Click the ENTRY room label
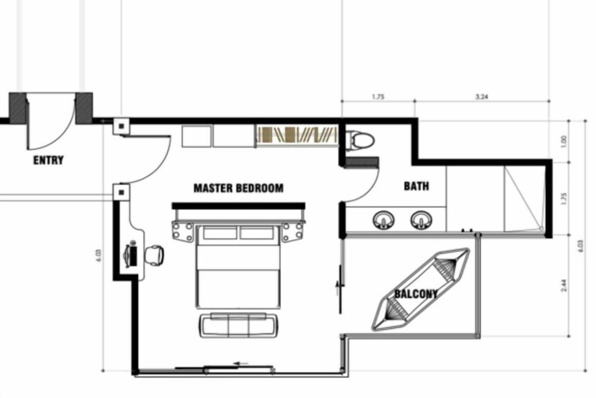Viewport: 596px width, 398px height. pyautogui.click(x=49, y=160)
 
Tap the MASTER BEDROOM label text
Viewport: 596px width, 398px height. pyautogui.click(x=238, y=188)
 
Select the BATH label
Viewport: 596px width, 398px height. pyautogui.click(x=416, y=186)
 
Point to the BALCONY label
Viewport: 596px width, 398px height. pyautogui.click(x=416, y=294)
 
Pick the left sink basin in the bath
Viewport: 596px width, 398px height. pyautogui.click(x=383, y=220)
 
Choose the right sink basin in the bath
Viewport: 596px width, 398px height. pyautogui.click(x=421, y=220)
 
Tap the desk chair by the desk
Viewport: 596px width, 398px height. pyautogui.click(x=154, y=255)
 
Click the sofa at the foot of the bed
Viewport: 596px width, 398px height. pyautogui.click(x=239, y=325)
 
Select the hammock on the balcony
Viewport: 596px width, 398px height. pyautogui.click(x=421, y=289)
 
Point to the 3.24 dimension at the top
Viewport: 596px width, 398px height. pyautogui.click(x=482, y=97)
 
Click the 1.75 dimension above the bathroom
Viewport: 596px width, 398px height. pyautogui.click(x=378, y=97)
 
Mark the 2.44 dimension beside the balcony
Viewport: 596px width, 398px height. pyautogui.click(x=564, y=286)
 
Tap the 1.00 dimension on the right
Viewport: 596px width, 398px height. pyautogui.click(x=564, y=142)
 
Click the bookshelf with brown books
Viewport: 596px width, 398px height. pyautogui.click(x=297, y=135)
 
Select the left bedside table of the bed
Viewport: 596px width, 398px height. pyautogui.click(x=183, y=232)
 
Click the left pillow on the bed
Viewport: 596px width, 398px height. pyautogui.click(x=220, y=233)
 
